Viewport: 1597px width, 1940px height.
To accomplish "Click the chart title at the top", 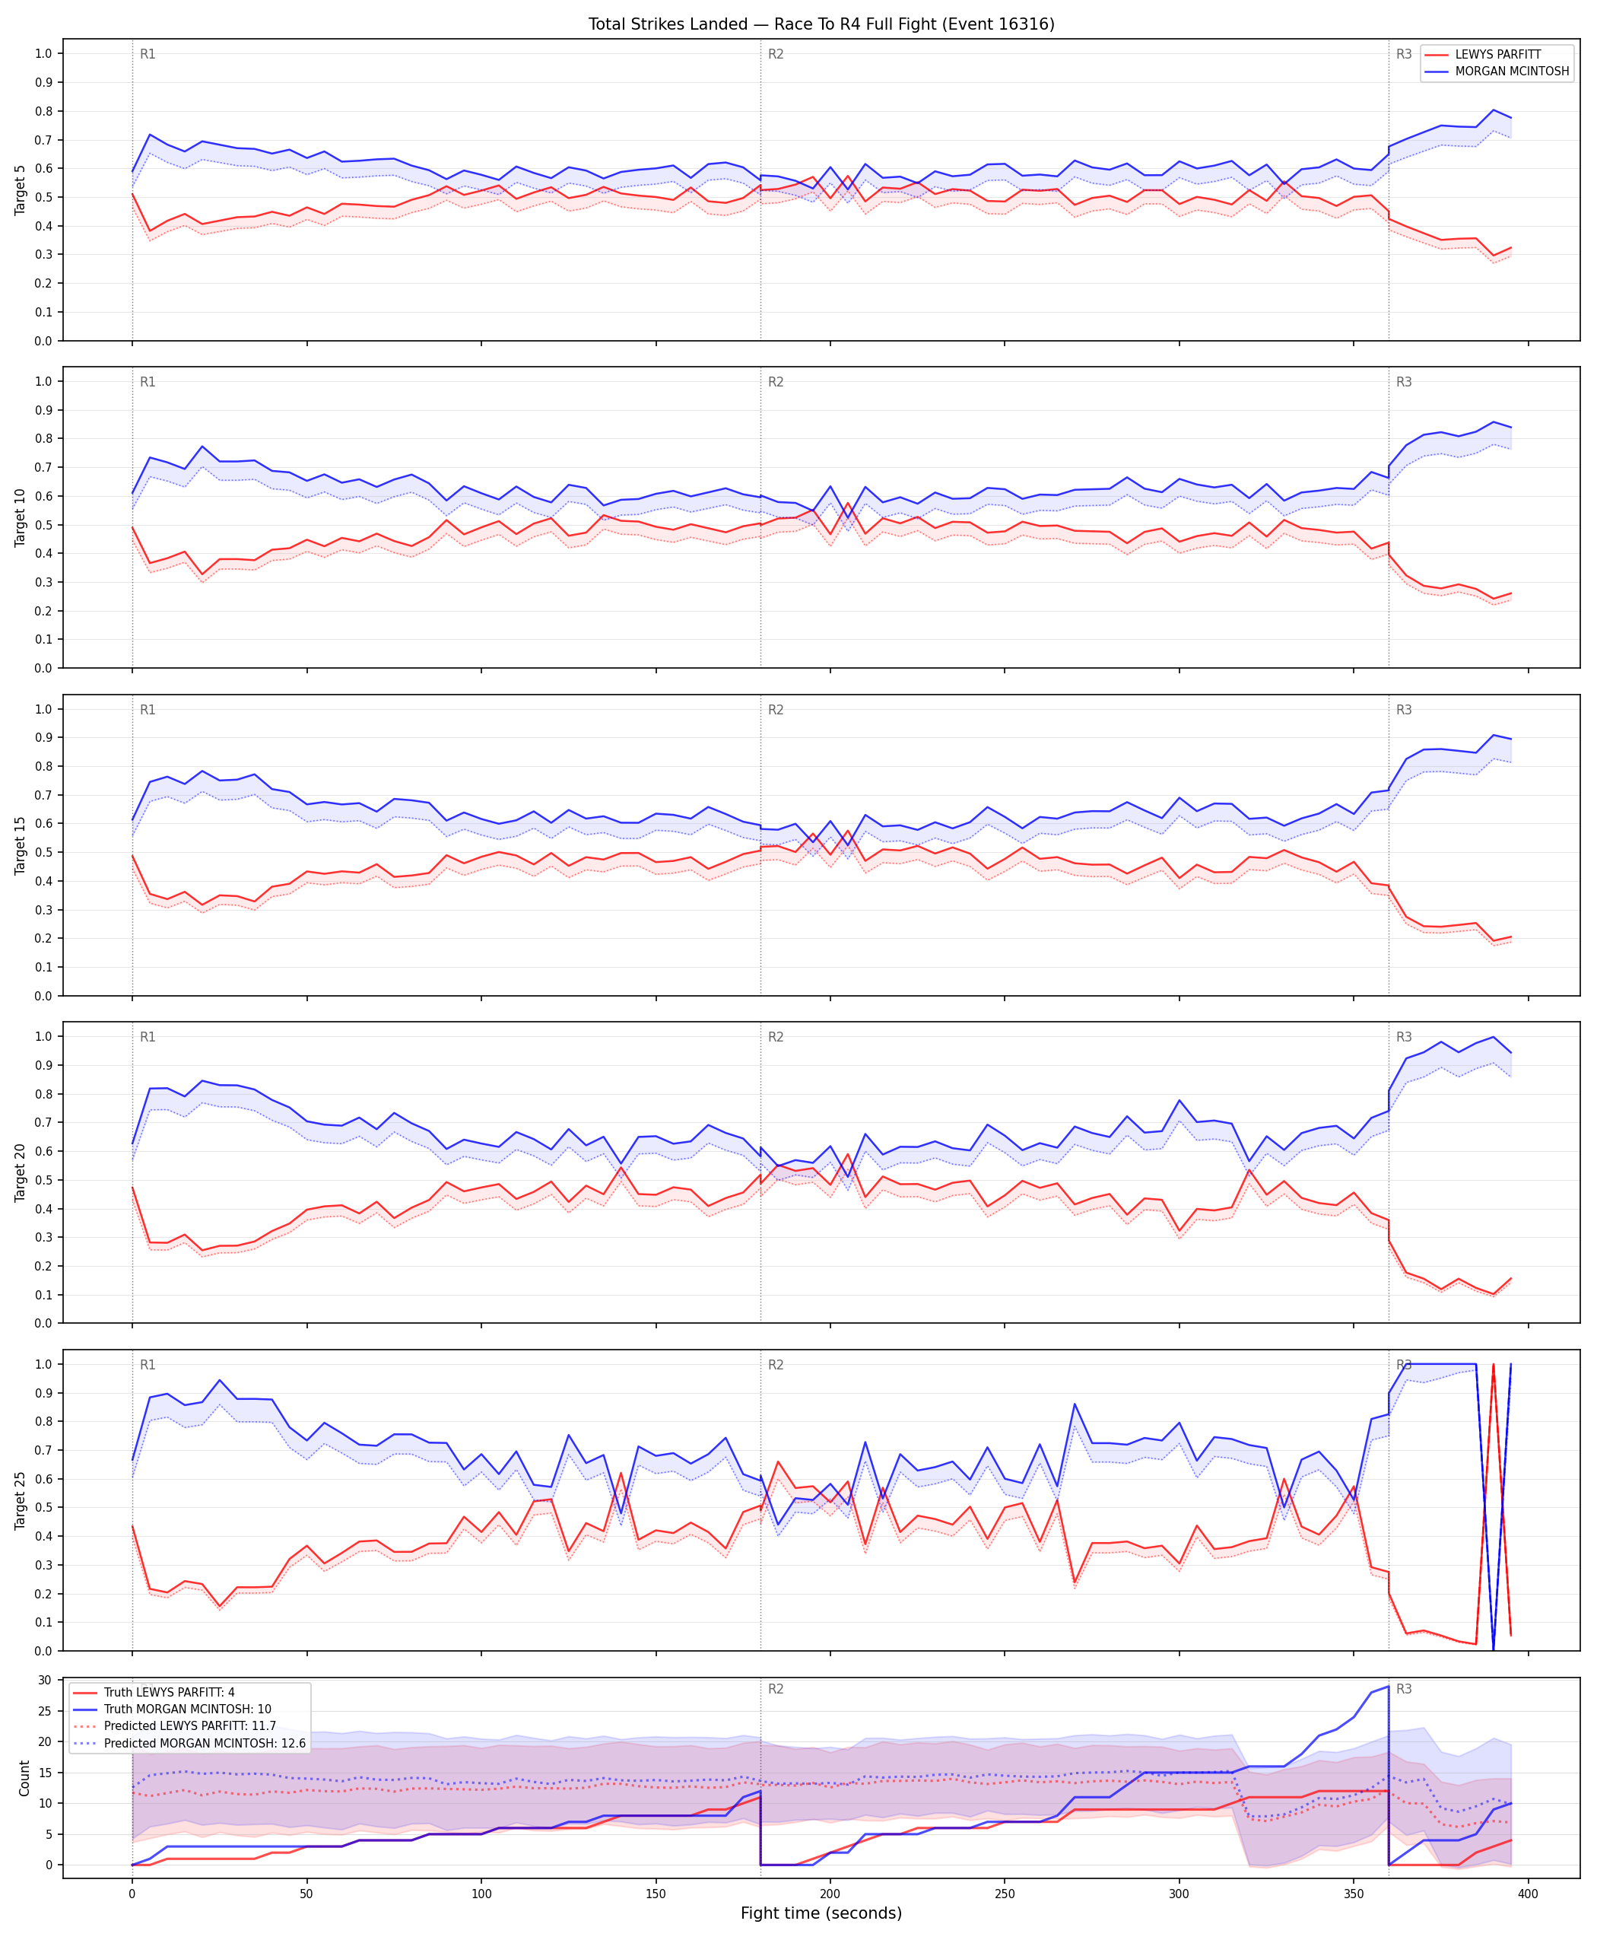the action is (x=821, y=24).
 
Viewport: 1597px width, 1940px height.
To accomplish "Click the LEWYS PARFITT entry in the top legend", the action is (x=1497, y=54).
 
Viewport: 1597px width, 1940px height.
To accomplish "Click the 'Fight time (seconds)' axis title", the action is (x=821, y=1913).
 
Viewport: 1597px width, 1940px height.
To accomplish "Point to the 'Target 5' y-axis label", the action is (x=21, y=190).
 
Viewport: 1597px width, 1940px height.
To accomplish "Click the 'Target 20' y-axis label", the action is (x=21, y=1172).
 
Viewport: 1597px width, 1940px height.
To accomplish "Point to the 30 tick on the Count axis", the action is (x=44, y=1680).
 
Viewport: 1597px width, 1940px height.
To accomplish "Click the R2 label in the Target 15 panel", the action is (x=776, y=710).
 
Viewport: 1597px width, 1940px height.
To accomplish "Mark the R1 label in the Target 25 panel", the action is (x=148, y=1365).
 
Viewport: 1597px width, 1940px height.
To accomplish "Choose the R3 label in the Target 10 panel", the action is (x=1404, y=382).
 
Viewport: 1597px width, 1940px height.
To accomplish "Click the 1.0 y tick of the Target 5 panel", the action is (x=43, y=53).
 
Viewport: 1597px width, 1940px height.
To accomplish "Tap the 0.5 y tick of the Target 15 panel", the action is (x=43, y=852).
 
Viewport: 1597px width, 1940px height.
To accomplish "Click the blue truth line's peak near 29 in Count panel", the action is (x=1388, y=1686).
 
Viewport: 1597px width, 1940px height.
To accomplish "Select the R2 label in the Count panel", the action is (x=776, y=1689).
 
